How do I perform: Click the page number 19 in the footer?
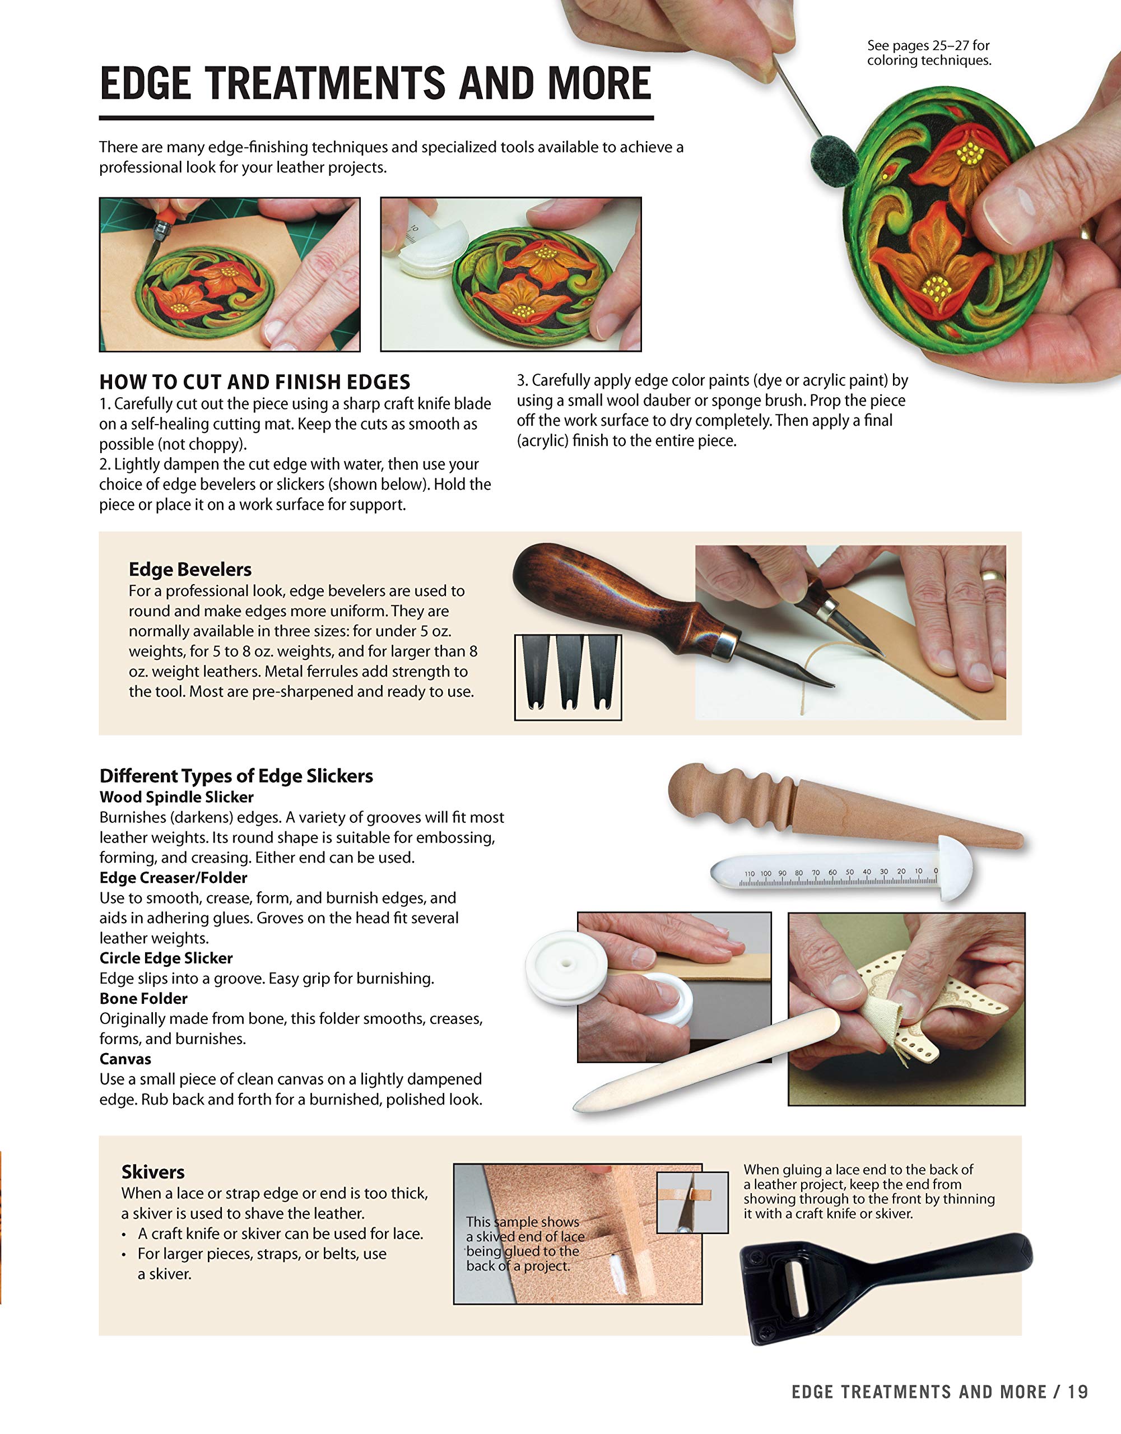click(x=1078, y=1392)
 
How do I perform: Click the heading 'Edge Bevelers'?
click(x=190, y=569)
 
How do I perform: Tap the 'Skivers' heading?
click(x=153, y=1172)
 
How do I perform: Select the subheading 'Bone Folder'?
click(x=143, y=999)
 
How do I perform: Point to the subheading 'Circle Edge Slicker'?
click(x=166, y=958)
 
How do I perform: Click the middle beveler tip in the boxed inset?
click(x=568, y=673)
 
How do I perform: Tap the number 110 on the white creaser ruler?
click(x=750, y=874)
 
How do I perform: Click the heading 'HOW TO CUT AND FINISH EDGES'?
click(x=255, y=382)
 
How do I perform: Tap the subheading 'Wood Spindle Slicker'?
click(x=176, y=797)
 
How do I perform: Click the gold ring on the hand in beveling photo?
click(x=991, y=575)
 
